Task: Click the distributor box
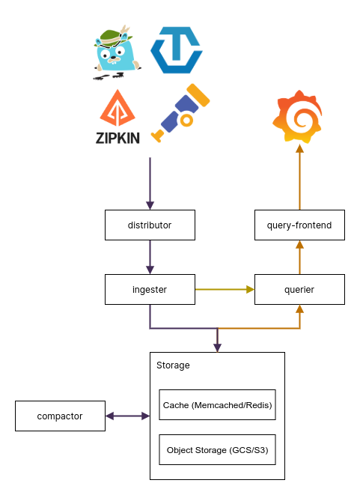click(x=150, y=225)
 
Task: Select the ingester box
click(x=150, y=289)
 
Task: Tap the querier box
click(x=299, y=289)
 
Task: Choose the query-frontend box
click(x=299, y=225)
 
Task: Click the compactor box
click(x=60, y=416)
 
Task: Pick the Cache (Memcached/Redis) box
click(x=217, y=404)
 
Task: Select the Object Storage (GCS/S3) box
click(x=217, y=450)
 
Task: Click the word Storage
click(x=173, y=365)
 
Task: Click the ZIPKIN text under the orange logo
click(x=118, y=138)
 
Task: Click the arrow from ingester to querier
click(x=225, y=289)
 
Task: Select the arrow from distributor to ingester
click(x=150, y=257)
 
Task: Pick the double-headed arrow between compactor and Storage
click(x=127, y=416)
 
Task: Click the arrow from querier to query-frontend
click(x=299, y=257)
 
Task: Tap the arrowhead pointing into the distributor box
click(x=150, y=205)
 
